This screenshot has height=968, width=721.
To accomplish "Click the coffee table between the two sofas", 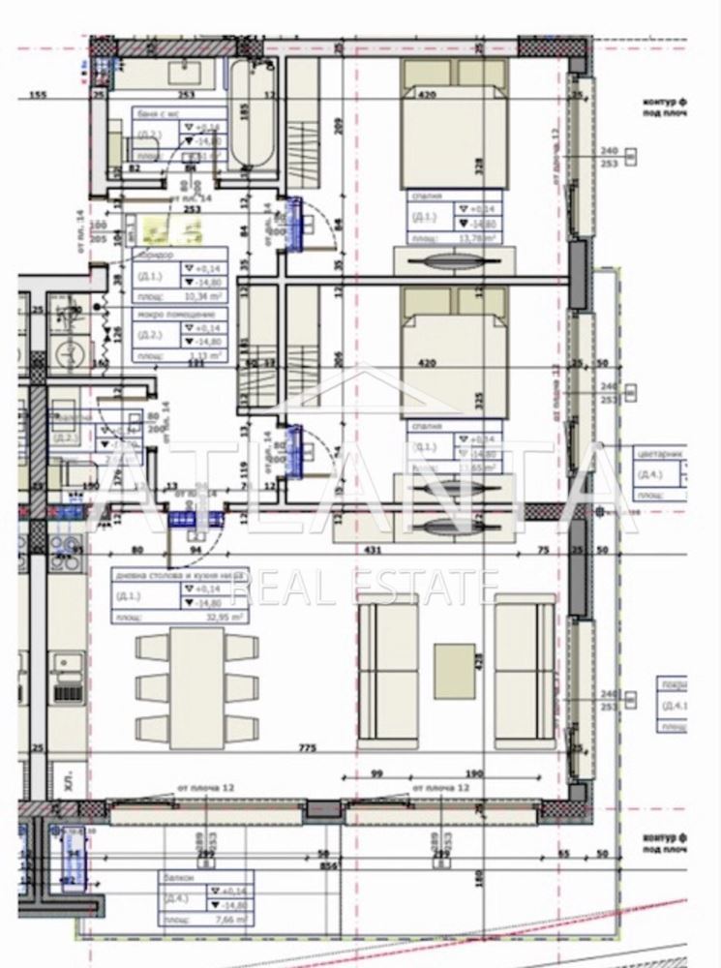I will click(x=454, y=670).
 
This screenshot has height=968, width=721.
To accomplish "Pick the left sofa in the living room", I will click(x=387, y=670).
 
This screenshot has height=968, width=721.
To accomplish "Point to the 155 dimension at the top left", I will click(x=38, y=94).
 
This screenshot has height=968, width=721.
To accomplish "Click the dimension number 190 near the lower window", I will click(x=474, y=774).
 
